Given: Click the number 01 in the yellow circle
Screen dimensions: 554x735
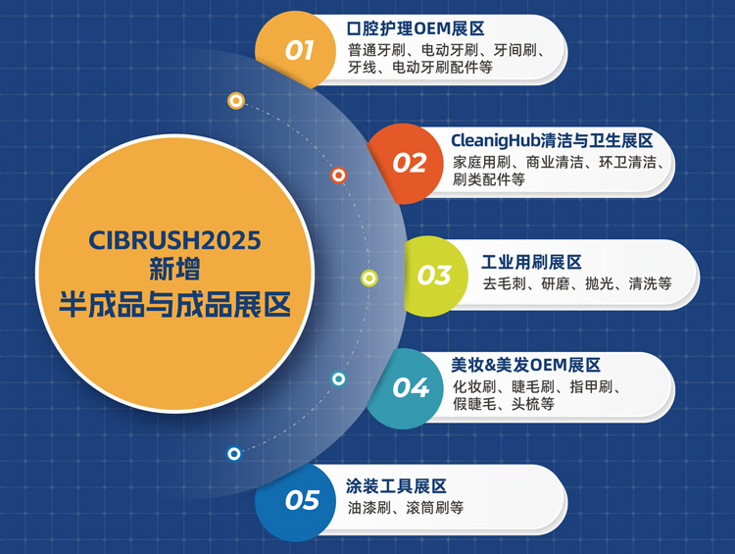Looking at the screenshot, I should click(x=300, y=50).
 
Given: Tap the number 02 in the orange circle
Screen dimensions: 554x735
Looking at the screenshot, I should click(x=410, y=162).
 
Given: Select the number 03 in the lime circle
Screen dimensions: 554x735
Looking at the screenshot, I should click(x=434, y=276).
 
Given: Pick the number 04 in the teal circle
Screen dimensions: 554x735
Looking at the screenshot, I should click(x=412, y=387).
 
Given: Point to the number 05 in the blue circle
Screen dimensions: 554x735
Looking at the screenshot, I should click(x=303, y=501).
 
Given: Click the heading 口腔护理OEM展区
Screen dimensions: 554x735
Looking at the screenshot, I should click(x=416, y=28).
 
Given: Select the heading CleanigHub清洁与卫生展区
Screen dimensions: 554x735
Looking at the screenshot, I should click(x=552, y=141).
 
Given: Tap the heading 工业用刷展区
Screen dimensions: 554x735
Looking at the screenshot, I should click(x=532, y=262).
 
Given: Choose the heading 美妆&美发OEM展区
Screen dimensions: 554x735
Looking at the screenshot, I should click(x=526, y=365).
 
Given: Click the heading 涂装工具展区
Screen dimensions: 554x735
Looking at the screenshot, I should click(x=396, y=486).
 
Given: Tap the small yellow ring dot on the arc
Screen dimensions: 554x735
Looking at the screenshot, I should click(x=235, y=100).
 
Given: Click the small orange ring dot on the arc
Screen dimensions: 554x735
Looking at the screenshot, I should click(x=338, y=176).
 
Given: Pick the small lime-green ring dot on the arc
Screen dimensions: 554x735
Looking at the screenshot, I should click(x=368, y=277).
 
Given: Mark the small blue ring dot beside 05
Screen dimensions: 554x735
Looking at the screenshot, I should click(x=233, y=453).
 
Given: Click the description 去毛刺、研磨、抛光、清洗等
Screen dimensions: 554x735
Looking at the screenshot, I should click(x=576, y=283).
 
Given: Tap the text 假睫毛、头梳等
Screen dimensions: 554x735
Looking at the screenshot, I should click(x=504, y=404).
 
